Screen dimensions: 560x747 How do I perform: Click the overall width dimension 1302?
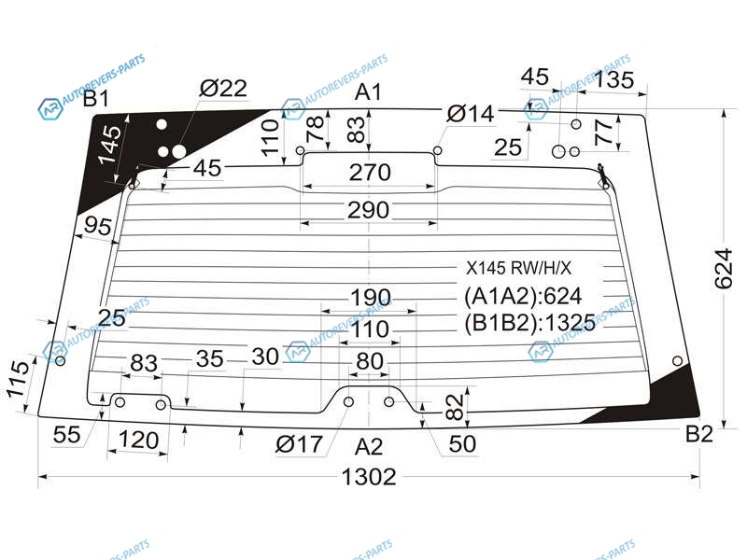pos(370,477)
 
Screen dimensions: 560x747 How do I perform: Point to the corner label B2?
pos(698,434)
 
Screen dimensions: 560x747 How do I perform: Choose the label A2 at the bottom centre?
pos(369,445)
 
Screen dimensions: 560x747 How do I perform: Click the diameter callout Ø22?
pos(223,89)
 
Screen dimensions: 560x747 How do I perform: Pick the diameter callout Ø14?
pos(470,114)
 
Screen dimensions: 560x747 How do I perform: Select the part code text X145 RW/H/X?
pos(518,267)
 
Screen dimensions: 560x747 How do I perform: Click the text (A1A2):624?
pos(523,297)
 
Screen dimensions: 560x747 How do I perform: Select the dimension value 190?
pos(370,298)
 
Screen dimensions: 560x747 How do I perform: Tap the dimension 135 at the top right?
pos(613,80)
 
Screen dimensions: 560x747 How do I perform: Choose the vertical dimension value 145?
pos(111,147)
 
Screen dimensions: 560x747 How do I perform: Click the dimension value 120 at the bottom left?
pos(138,440)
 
